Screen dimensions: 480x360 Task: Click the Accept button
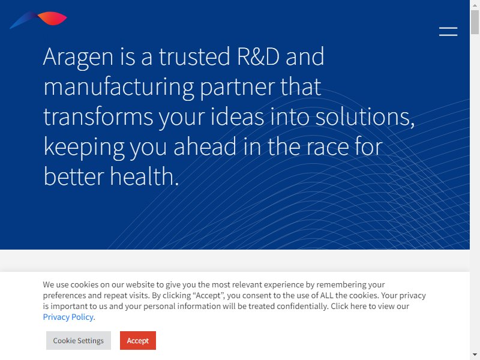(138, 340)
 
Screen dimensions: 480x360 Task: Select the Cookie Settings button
(79, 340)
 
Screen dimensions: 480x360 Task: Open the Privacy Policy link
(68, 317)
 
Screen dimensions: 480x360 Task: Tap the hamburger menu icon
(448, 32)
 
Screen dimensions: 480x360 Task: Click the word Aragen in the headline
(78, 57)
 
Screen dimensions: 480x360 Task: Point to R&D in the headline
(259, 56)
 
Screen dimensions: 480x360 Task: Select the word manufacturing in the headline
(119, 87)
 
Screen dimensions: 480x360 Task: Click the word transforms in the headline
(98, 116)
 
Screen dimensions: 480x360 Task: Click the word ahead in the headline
(205, 146)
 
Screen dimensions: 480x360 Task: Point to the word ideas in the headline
(237, 116)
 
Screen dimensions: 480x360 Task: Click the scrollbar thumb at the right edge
(475, 22)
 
